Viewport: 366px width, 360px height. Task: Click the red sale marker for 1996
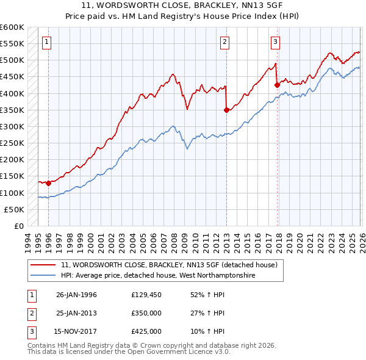point(48,183)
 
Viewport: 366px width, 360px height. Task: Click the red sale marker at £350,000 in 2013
point(226,110)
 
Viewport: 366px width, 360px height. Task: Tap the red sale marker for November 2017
point(277,85)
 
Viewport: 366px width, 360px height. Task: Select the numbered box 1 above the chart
point(47,41)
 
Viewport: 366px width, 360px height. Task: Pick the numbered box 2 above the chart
point(224,41)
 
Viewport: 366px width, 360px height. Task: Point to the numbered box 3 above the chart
point(275,41)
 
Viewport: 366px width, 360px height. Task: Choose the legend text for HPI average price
point(157,276)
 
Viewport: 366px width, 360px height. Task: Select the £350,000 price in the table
point(146,313)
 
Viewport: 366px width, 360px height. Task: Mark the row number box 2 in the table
point(30,313)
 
